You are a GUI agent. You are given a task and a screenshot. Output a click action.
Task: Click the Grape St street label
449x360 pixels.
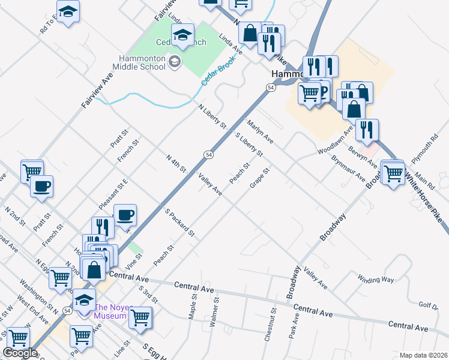point(261,177)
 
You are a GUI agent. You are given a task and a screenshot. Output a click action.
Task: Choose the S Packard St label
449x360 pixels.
point(179,221)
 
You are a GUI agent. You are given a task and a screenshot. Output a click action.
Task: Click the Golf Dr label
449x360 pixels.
point(428,306)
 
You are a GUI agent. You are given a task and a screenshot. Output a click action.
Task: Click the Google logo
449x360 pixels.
point(19,353)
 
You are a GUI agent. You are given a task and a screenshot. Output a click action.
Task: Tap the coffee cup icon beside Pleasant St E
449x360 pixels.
point(125,215)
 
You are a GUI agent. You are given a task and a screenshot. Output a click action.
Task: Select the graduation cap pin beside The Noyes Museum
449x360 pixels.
point(85,299)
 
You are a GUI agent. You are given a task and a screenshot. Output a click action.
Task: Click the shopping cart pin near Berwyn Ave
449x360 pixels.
point(393,173)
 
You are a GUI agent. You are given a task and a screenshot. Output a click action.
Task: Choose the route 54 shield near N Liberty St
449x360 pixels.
point(208,154)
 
